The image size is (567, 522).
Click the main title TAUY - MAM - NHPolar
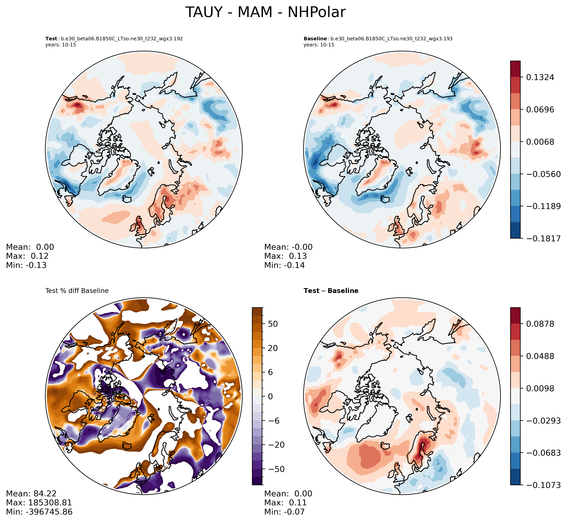[265, 13]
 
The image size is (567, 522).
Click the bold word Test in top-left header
[51, 39]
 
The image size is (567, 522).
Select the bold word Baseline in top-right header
[315, 39]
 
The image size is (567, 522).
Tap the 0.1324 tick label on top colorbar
[540, 77]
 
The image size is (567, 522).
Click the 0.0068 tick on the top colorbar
[540, 142]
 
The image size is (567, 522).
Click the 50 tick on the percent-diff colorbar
[272, 324]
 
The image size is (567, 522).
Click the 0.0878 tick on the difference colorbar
[540, 324]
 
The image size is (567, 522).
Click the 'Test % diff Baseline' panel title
[77, 291]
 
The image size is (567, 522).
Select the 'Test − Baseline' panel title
[331, 291]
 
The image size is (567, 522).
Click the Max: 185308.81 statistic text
[39, 503]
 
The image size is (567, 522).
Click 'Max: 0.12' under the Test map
[27, 256]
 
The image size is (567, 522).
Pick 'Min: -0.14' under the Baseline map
[284, 265]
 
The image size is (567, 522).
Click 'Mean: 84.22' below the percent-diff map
[31, 494]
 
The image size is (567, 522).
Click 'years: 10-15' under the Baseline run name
[319, 45]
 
